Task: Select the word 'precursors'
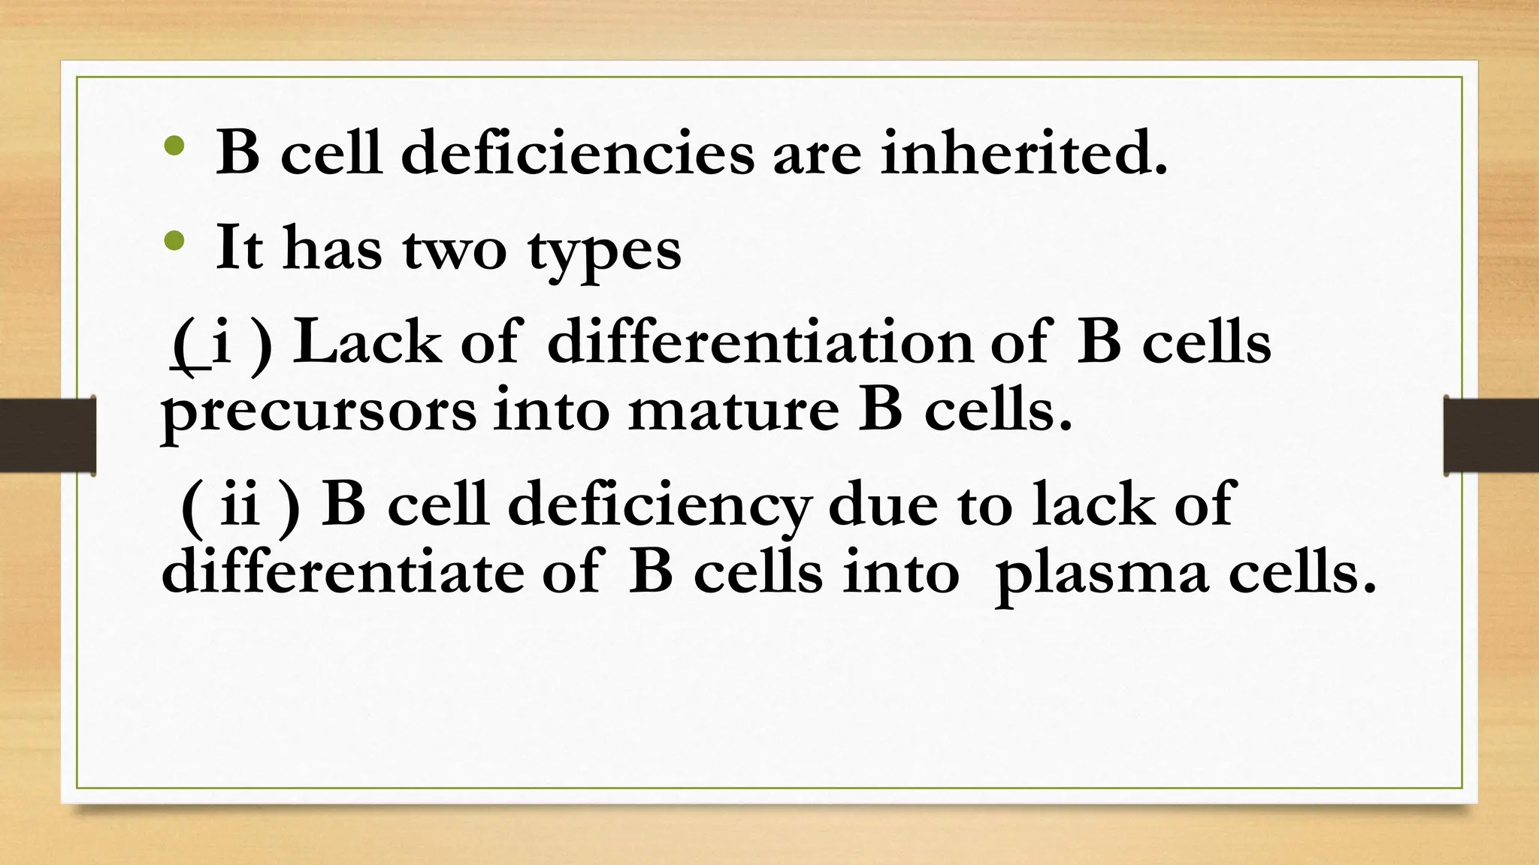[319, 412]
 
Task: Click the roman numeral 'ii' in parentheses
[240, 505]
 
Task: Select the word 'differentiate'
[342, 572]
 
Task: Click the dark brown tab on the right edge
[1491, 436]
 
